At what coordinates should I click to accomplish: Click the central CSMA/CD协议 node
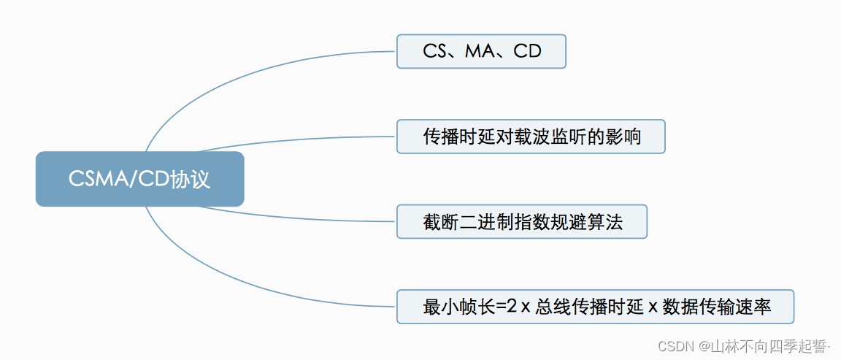[139, 179]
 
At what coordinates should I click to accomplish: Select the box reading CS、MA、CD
[481, 52]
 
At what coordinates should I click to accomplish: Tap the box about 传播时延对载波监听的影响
[531, 137]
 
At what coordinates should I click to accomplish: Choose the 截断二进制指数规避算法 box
[521, 221]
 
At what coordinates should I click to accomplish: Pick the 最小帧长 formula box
[595, 307]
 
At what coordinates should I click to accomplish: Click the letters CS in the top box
[435, 52]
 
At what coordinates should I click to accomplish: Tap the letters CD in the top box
[527, 52]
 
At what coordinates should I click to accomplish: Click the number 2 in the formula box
[512, 307]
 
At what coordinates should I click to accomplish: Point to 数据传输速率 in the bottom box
[716, 307]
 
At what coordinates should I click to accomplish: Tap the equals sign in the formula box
[501, 307]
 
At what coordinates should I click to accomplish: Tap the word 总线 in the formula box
[552, 307]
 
